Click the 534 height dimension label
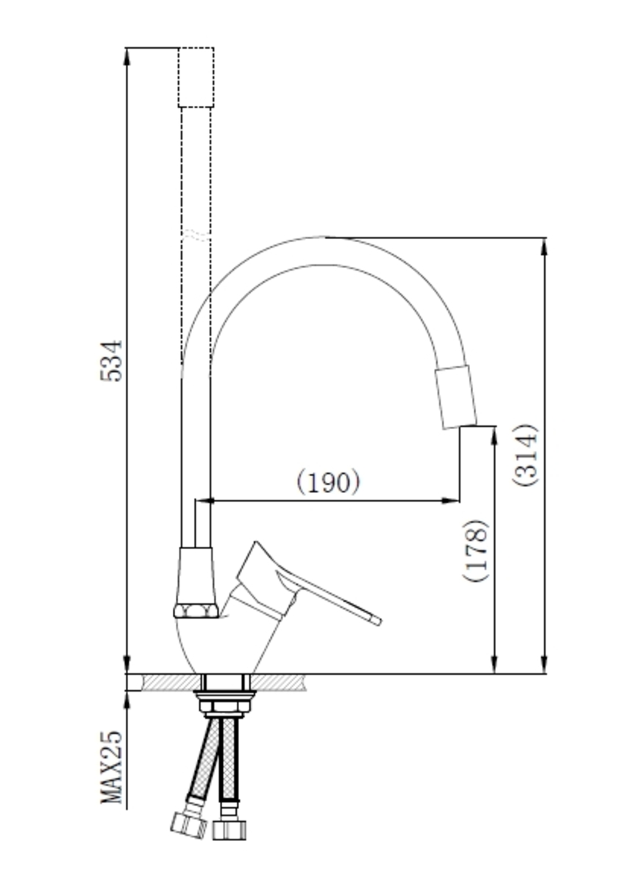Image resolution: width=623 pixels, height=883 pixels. coord(112,361)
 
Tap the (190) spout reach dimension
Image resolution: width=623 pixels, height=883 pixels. coord(328,481)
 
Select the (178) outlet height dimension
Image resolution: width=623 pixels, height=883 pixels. coord(476,550)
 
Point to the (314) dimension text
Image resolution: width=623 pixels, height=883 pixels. coord(524,455)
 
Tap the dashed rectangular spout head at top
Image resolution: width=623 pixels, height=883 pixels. coord(196,77)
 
